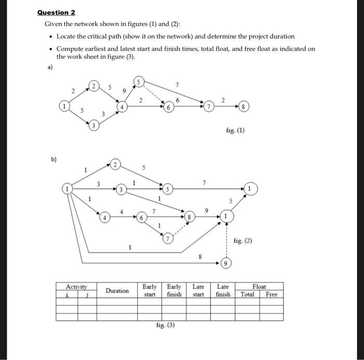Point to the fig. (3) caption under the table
pos(165,325)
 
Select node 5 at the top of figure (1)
pos(139,81)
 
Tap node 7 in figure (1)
pos(207,106)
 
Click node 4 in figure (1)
pos(123,106)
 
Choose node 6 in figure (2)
pos(140,217)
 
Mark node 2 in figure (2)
pos(115,165)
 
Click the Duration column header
pos(117,290)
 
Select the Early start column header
pos(150,290)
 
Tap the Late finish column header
pos(223,290)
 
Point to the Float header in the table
pos(259,286)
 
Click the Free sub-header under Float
pos(271,294)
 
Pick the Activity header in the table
pos(76,286)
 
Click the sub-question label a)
pos(50,67)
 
